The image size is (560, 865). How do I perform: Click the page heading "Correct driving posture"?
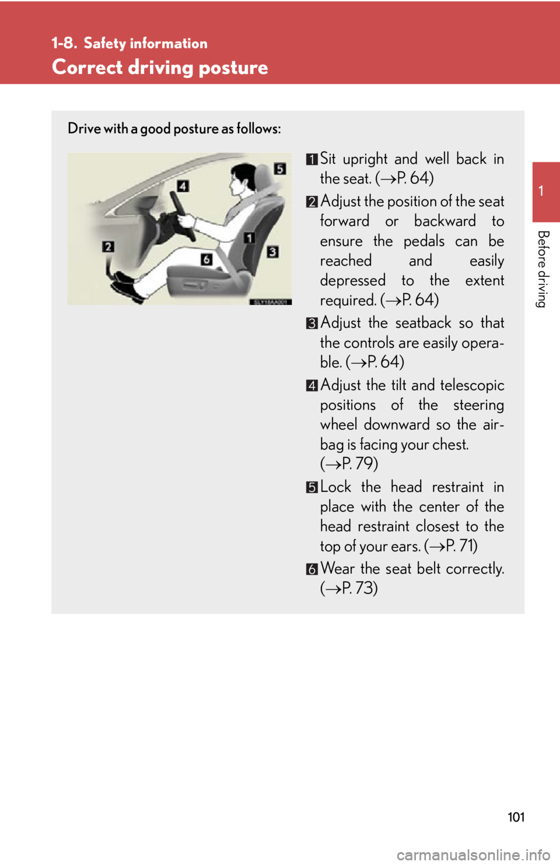[x=160, y=68]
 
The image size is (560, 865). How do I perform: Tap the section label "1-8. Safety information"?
[x=129, y=43]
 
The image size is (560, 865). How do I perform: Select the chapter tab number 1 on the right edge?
[x=541, y=191]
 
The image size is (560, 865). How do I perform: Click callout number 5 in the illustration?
[x=281, y=169]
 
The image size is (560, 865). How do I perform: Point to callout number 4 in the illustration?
[x=183, y=186]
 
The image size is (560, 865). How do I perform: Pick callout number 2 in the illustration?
[x=108, y=247]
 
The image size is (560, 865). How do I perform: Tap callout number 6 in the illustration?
[x=206, y=259]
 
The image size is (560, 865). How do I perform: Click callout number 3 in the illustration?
[x=272, y=252]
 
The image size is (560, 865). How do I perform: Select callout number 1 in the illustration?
[x=249, y=237]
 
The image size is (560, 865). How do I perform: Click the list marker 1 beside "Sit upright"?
[x=312, y=159]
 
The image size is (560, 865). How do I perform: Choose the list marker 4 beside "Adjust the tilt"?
[x=312, y=385]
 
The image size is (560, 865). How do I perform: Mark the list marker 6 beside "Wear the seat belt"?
[x=312, y=569]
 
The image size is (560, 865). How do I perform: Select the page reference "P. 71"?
[x=461, y=546]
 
